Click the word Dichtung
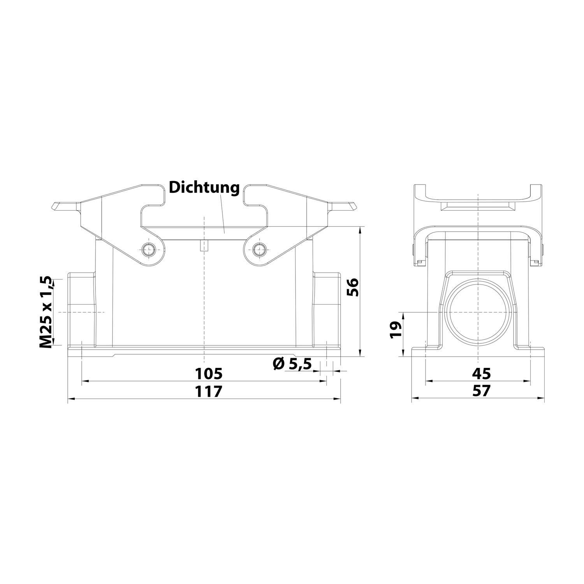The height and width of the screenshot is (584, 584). coord(204,188)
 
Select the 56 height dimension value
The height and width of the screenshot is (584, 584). coord(352,288)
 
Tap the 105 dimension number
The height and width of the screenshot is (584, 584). coord(209,373)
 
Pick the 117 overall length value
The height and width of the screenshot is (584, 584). coord(209,391)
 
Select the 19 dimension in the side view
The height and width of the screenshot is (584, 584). coord(395,330)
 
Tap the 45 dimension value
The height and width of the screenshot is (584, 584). coord(481,373)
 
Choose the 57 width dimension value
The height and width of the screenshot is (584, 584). coord(481,391)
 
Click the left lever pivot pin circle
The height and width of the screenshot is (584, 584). coord(148,249)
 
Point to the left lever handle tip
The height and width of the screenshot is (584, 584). coord(55,206)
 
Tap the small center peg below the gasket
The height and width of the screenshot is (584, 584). coord(204,246)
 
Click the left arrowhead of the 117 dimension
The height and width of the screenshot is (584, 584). coord(70,399)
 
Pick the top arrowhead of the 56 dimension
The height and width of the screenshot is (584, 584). coord(361,229)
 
